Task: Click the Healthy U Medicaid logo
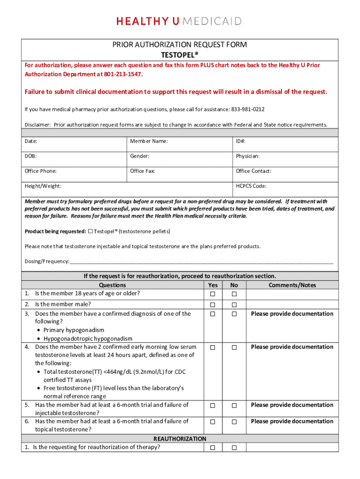tap(179, 21)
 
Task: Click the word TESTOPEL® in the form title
tap(180, 54)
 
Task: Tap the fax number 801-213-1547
tap(123, 74)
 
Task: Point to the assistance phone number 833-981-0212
tap(247, 109)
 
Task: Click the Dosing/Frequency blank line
tap(201, 261)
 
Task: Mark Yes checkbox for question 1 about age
tap(212, 294)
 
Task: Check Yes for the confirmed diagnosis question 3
tap(212, 314)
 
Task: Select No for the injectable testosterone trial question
tap(234, 406)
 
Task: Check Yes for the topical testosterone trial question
tap(212, 422)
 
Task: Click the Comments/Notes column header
tap(292, 285)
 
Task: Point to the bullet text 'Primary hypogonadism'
tap(74, 330)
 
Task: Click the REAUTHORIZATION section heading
tap(180, 439)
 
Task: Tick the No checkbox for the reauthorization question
tap(234, 448)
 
